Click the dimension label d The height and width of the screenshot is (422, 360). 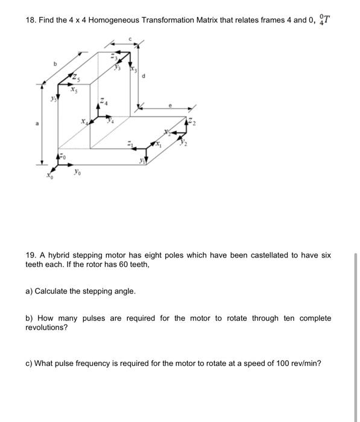click(143, 75)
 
